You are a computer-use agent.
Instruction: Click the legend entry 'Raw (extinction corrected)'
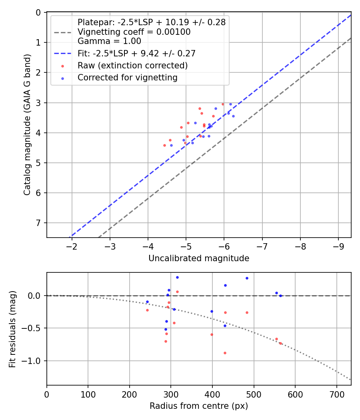pos(132,65)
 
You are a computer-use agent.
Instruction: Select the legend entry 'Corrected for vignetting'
pos(127,78)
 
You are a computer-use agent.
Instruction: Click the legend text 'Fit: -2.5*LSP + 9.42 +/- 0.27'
pos(136,53)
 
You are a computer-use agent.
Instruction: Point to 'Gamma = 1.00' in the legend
pos(109,41)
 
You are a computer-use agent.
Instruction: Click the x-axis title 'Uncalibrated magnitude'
pos(199,258)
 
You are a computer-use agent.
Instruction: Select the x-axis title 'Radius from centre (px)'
pos(199,406)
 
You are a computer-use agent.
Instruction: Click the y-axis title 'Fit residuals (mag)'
pos(12,328)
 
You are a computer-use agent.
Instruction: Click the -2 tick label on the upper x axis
pos(72,246)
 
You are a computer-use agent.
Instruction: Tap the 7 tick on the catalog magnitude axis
pos(39,223)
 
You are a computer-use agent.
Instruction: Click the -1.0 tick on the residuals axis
pos(34,361)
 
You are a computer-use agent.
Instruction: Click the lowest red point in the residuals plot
pos(225,353)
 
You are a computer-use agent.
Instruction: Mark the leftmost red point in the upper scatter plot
pos(164,145)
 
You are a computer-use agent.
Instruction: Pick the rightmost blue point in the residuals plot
pos(280,296)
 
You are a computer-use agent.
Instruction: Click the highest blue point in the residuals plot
pos(177,277)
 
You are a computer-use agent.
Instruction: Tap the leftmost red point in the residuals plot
pos(147,310)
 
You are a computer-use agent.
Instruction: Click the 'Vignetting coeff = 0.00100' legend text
pos(134,32)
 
